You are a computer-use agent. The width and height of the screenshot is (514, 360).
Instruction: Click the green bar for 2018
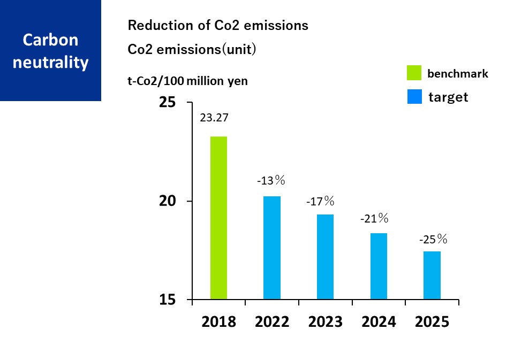click(218, 218)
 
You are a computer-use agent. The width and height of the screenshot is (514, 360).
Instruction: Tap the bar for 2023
click(325, 257)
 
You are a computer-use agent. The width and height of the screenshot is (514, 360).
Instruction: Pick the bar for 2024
click(379, 266)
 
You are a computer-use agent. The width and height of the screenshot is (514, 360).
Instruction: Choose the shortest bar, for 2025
click(432, 275)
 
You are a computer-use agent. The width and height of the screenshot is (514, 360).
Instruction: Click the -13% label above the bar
click(271, 181)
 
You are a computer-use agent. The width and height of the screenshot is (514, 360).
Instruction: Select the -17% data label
click(320, 202)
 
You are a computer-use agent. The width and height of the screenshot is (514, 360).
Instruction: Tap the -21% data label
click(374, 218)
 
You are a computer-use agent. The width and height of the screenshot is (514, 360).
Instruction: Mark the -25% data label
click(433, 239)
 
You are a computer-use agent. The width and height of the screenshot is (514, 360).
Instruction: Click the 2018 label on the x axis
click(218, 322)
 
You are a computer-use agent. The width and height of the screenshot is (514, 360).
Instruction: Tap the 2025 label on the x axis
click(432, 322)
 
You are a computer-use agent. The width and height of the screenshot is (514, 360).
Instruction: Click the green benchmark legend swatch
click(414, 73)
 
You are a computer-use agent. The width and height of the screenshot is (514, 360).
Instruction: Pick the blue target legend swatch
click(414, 97)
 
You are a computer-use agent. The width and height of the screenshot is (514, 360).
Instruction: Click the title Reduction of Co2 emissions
click(218, 25)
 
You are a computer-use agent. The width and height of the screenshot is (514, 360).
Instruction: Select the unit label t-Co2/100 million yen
click(187, 81)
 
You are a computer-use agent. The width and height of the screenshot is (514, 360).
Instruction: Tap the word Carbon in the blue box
click(50, 40)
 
